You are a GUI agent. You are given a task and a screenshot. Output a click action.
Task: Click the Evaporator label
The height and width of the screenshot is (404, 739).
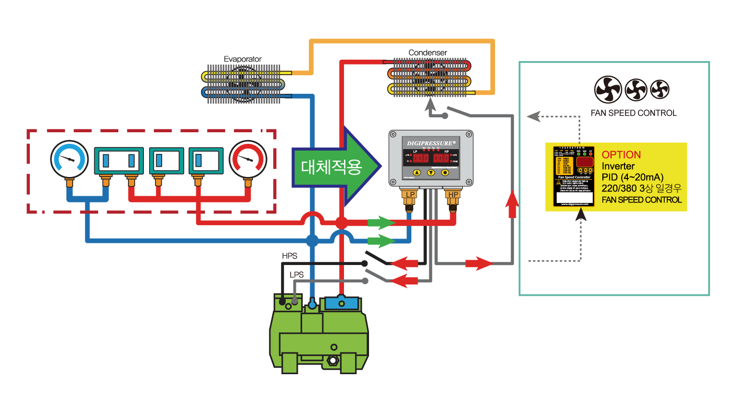242,59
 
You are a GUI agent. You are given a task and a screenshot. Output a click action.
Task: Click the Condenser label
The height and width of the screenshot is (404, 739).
428,52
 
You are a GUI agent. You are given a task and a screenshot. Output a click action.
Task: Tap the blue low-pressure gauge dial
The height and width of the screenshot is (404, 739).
70,159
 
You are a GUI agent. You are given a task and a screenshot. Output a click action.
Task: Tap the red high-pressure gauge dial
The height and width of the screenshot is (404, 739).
248,159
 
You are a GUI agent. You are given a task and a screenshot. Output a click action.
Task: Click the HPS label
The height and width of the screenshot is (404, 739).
290,256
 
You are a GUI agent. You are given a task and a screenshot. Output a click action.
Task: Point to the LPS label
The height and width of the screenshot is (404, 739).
296,275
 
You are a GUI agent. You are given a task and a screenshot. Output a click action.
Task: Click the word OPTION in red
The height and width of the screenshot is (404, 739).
621,155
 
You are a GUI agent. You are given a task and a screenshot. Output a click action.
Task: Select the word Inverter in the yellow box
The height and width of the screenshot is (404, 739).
618,166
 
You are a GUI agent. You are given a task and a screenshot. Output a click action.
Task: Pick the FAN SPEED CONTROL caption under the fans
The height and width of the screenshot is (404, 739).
633,113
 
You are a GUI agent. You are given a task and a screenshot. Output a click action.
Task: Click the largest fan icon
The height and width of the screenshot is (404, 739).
608,89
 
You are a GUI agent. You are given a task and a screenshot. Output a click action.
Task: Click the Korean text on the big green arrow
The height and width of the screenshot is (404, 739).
331,167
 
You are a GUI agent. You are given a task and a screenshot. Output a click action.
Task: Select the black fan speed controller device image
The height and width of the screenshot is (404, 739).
574,177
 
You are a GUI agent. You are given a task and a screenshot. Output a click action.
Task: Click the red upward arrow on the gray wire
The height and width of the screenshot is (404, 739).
512,204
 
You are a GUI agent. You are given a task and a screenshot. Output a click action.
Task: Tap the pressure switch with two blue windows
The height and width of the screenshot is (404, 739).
118,161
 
